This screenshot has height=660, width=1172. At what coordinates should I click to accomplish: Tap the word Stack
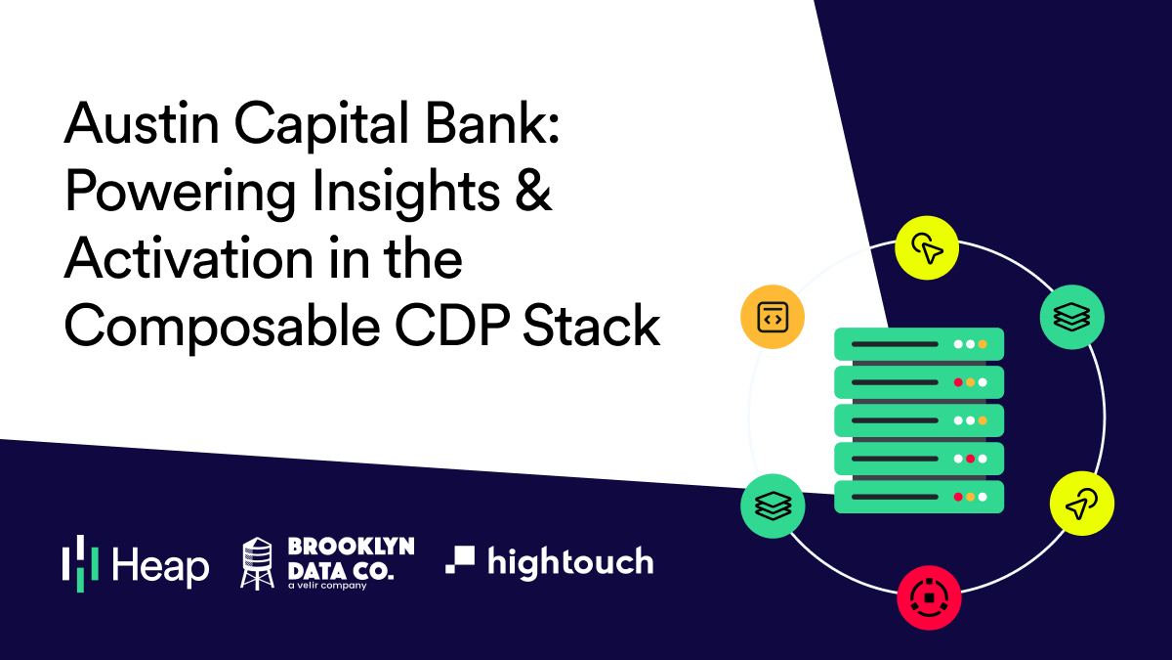[x=597, y=328]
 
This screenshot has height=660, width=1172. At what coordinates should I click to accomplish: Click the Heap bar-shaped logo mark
[x=80, y=563]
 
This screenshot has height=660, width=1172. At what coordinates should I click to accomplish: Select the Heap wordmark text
[x=160, y=565]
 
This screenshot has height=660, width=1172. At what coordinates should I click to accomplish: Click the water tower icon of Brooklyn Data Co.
[x=257, y=563]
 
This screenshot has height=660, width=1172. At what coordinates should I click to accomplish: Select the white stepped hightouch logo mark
[x=461, y=559]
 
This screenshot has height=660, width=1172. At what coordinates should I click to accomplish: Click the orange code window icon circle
[x=772, y=317]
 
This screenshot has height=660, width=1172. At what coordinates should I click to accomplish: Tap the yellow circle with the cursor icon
[x=927, y=247]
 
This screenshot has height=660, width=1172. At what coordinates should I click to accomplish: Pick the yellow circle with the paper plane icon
[x=1081, y=504]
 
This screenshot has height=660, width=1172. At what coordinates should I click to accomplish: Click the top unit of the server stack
[x=918, y=343]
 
